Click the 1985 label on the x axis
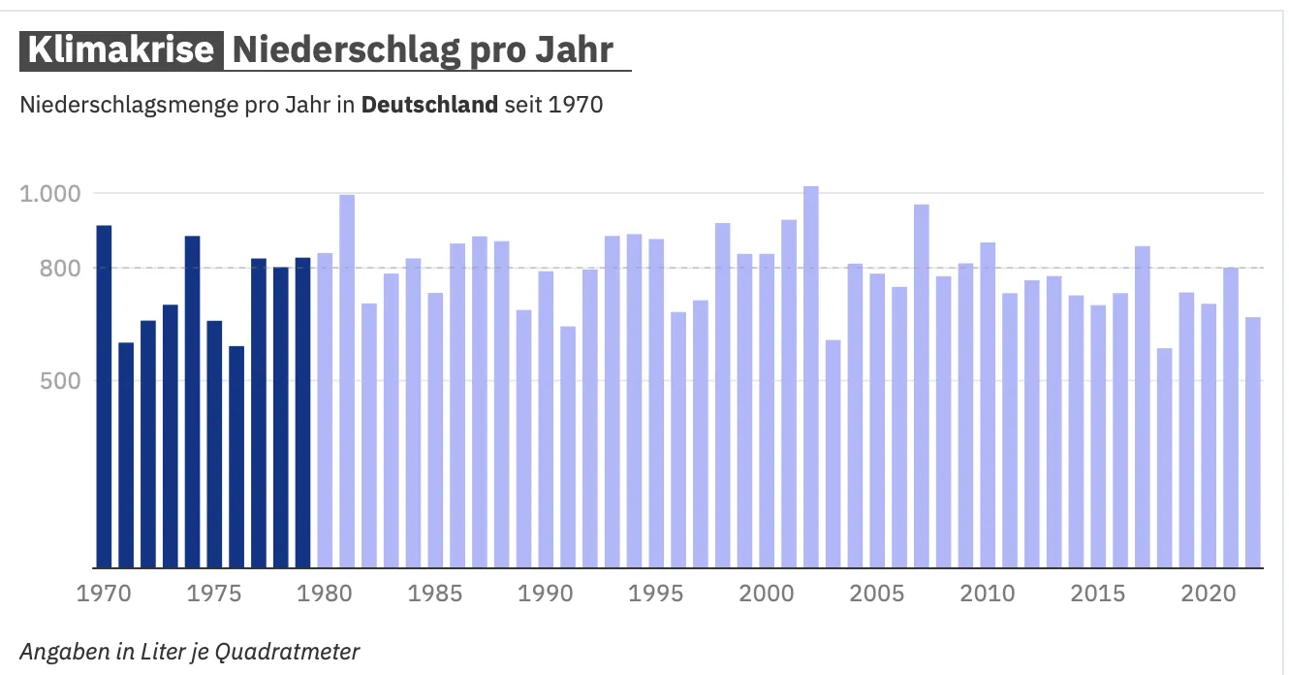tap(435, 593)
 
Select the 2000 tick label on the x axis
tap(767, 593)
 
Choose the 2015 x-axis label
tap(1098, 593)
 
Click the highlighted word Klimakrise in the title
tap(121, 50)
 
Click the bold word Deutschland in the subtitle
tap(429, 105)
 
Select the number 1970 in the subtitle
tap(576, 105)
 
